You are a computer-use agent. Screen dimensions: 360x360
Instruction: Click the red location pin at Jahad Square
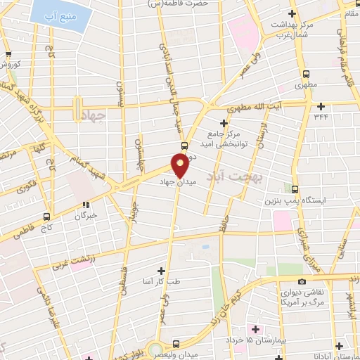click(x=180, y=166)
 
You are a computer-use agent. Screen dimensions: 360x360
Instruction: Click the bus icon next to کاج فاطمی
click(x=47, y=217)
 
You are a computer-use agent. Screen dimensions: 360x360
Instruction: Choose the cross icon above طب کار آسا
click(x=162, y=271)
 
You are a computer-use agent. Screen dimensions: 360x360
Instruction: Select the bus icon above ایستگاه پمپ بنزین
click(x=295, y=188)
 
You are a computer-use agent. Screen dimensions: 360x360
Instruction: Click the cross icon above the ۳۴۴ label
click(x=321, y=107)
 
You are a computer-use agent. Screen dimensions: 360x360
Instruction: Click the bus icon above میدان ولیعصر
click(x=176, y=343)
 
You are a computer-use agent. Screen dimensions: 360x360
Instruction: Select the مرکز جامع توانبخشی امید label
click(x=224, y=138)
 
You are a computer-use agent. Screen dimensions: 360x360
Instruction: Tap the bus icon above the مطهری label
click(x=306, y=74)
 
